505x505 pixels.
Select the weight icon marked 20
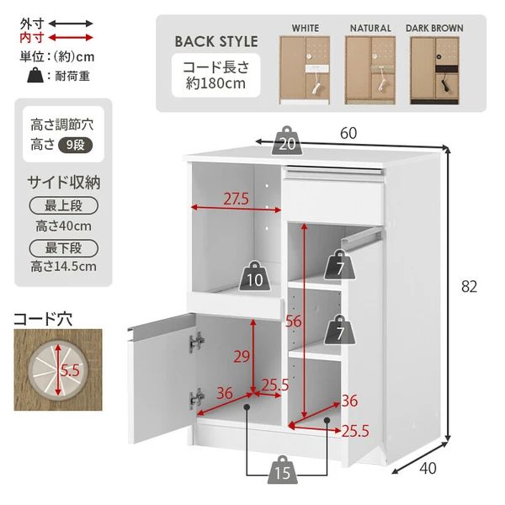tap(287, 144)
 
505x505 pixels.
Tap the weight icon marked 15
tap(283, 471)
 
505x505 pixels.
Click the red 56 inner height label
tap(293, 320)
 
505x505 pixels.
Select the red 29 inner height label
tap(242, 357)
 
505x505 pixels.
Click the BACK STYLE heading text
tap(216, 41)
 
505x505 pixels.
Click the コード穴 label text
tap(43, 319)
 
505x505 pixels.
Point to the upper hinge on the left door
tap(198, 342)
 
